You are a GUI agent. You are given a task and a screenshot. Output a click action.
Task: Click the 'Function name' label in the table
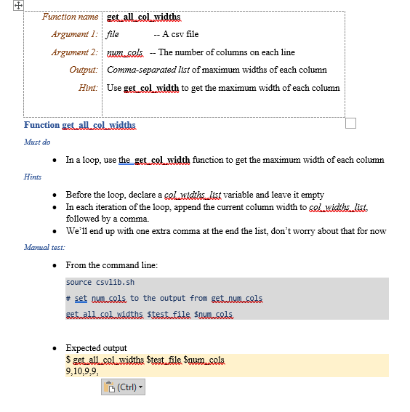(70, 16)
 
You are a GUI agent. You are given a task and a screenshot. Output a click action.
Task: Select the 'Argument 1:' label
(74, 34)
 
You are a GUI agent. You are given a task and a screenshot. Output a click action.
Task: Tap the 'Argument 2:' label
(74, 52)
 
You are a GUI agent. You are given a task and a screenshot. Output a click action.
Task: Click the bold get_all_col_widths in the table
(143, 16)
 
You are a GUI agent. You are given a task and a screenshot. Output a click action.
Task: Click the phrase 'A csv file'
(180, 34)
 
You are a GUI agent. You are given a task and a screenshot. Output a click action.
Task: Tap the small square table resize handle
(350, 123)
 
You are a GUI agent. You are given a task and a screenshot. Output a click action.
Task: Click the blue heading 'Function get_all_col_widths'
(80, 125)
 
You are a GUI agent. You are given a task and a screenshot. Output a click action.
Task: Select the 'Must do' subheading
(37, 142)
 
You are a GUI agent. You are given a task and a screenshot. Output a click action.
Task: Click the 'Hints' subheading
(33, 177)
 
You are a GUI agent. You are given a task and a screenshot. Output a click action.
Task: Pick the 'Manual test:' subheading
(44, 248)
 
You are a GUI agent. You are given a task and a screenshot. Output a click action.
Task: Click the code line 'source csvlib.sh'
(100, 283)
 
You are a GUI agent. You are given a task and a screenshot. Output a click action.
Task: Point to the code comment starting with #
(164, 299)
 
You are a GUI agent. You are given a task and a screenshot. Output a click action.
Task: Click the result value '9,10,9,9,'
(82, 371)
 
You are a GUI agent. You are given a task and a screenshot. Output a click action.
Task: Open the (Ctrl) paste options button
(124, 387)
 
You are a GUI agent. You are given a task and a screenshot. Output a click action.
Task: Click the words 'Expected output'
(96, 348)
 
